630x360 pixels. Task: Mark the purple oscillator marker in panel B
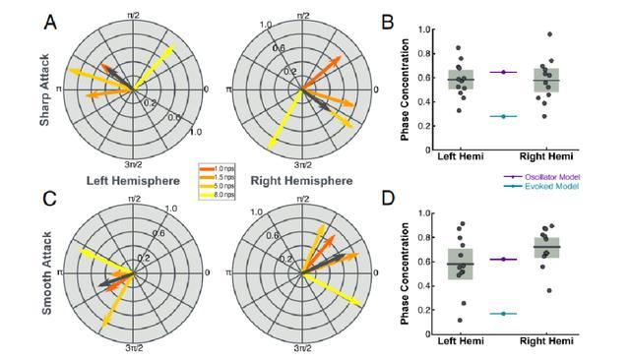(x=503, y=72)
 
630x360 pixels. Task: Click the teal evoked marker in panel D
(x=503, y=314)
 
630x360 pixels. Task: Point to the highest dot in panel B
(x=549, y=34)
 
